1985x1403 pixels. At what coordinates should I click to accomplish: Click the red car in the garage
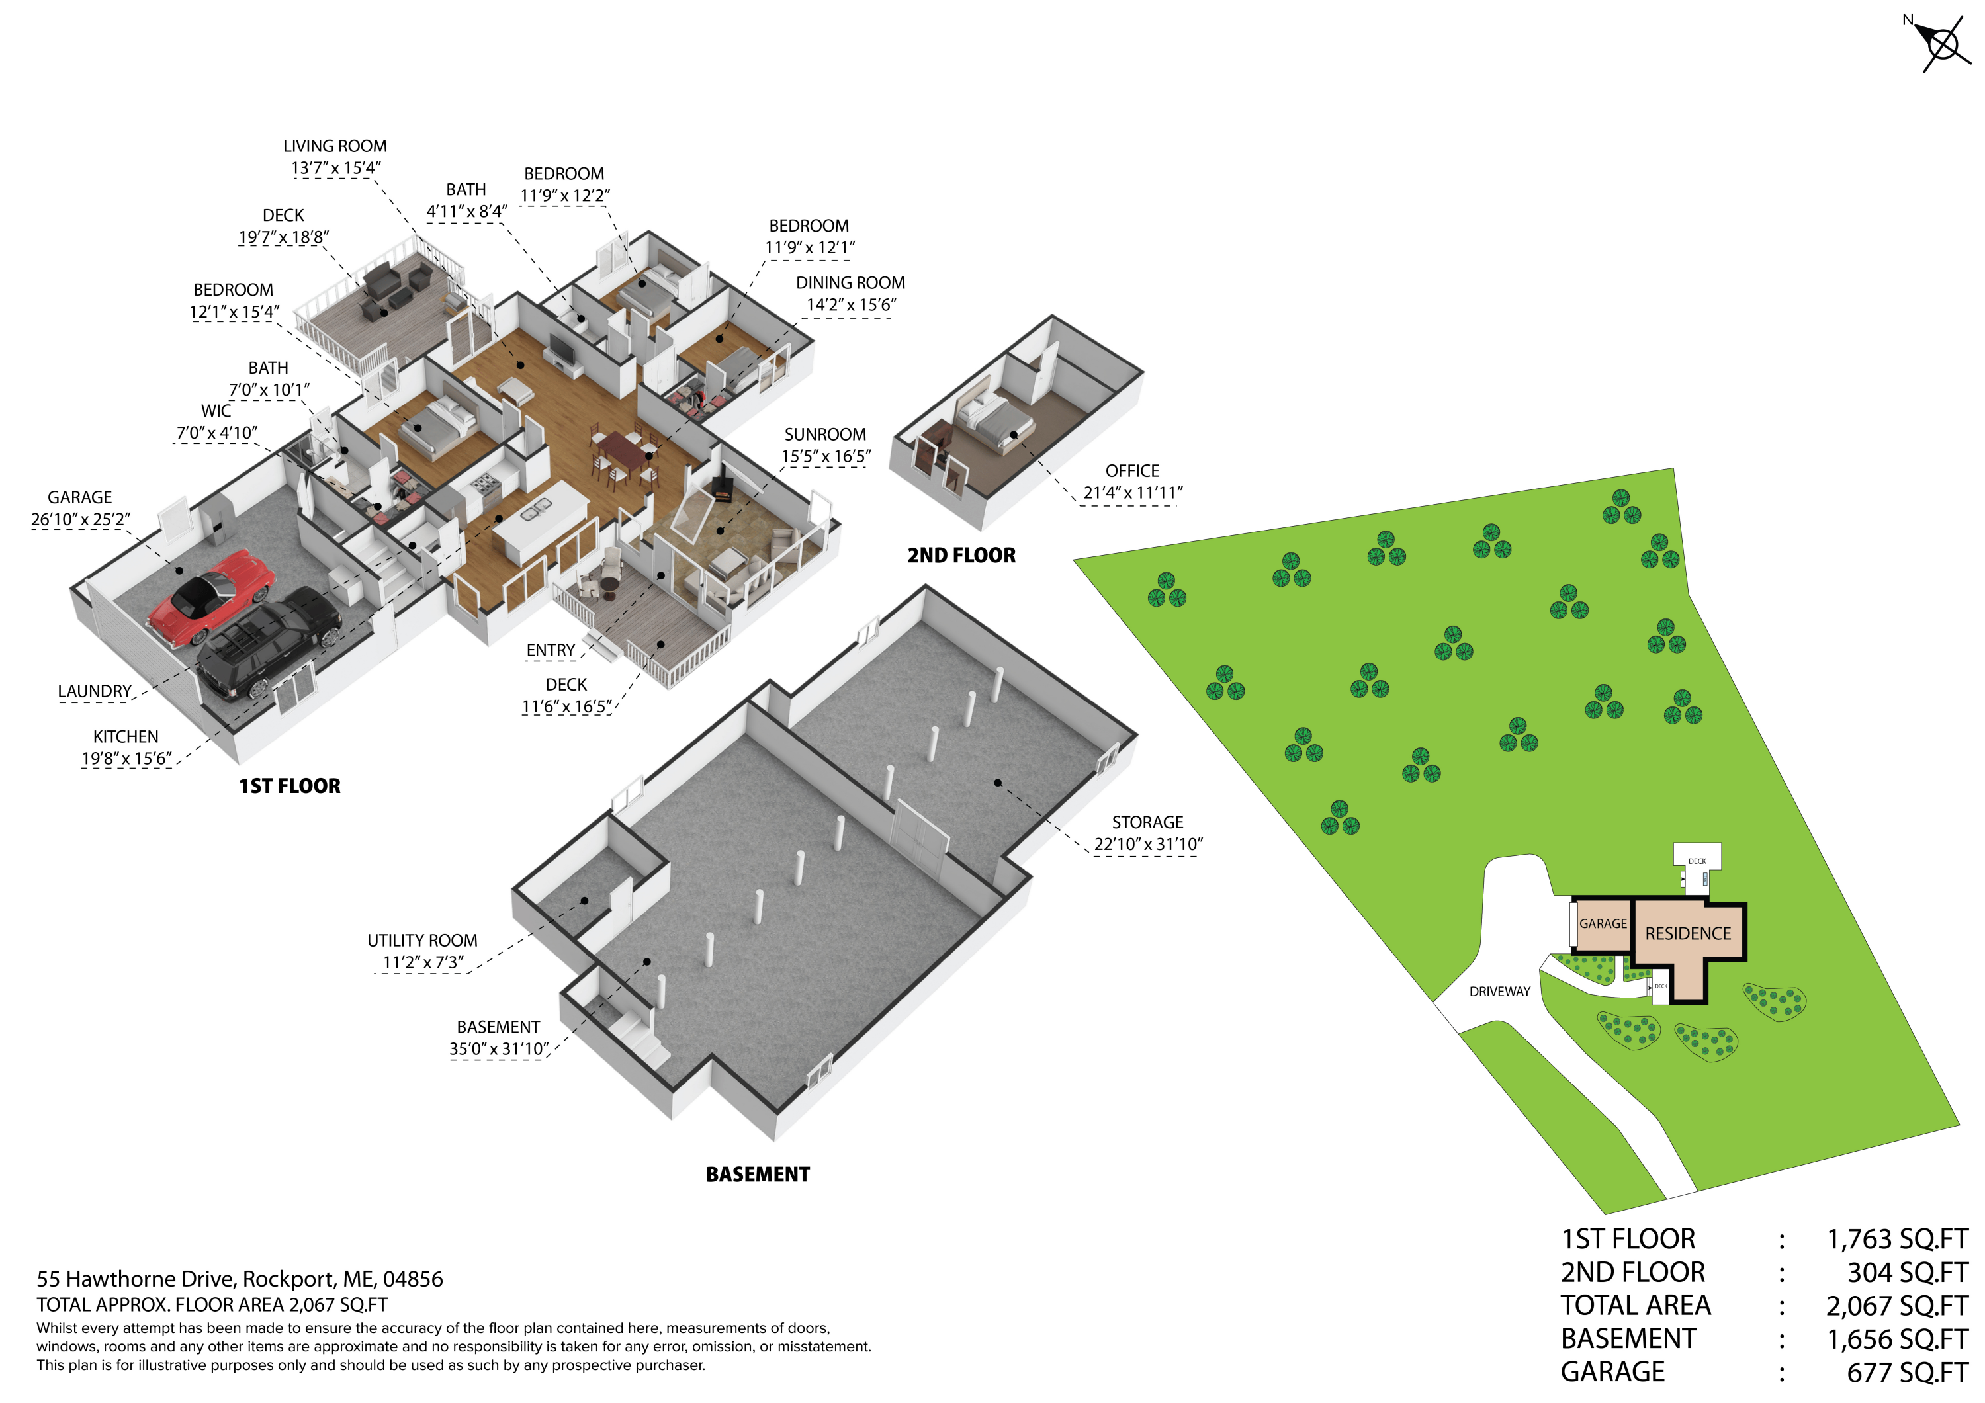click(x=211, y=597)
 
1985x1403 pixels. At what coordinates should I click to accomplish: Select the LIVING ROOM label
click(x=335, y=146)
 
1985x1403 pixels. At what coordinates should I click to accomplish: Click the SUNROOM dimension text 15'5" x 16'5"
click(x=826, y=456)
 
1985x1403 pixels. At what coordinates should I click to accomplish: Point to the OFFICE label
click(x=1131, y=471)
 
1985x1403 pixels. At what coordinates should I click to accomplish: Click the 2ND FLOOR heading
click(x=961, y=556)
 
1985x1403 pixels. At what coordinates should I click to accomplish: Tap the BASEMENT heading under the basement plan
click(x=758, y=1175)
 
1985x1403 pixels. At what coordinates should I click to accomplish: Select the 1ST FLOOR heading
click(x=290, y=786)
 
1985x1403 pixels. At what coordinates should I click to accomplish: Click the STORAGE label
click(x=1147, y=822)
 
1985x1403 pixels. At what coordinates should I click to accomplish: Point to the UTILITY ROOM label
click(x=422, y=941)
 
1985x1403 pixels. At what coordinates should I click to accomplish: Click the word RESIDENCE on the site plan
click(x=1688, y=933)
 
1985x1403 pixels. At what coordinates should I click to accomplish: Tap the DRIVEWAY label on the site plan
click(x=1500, y=992)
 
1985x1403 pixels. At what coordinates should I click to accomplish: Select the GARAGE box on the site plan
click(x=1602, y=924)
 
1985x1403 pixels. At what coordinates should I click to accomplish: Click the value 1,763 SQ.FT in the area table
click(x=1897, y=1240)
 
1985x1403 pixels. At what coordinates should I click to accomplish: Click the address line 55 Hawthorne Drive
click(x=240, y=1279)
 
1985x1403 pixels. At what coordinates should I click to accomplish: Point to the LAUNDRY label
click(x=94, y=691)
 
